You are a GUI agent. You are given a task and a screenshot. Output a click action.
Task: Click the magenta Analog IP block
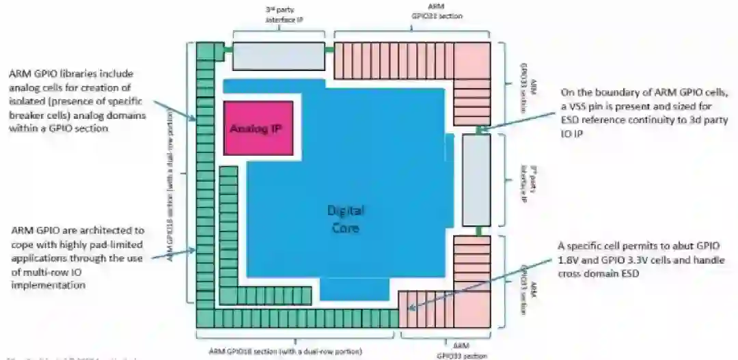[258, 128]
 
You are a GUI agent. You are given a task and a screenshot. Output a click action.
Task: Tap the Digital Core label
[344, 219]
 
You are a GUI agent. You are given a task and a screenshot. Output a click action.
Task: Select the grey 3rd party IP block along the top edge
[278, 56]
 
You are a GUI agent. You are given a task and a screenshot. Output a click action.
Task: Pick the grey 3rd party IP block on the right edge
[476, 180]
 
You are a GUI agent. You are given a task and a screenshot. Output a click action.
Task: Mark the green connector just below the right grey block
[480, 231]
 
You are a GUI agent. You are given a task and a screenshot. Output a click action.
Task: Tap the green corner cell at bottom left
[206, 318]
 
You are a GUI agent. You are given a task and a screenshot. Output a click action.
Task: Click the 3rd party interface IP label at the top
[284, 15]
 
